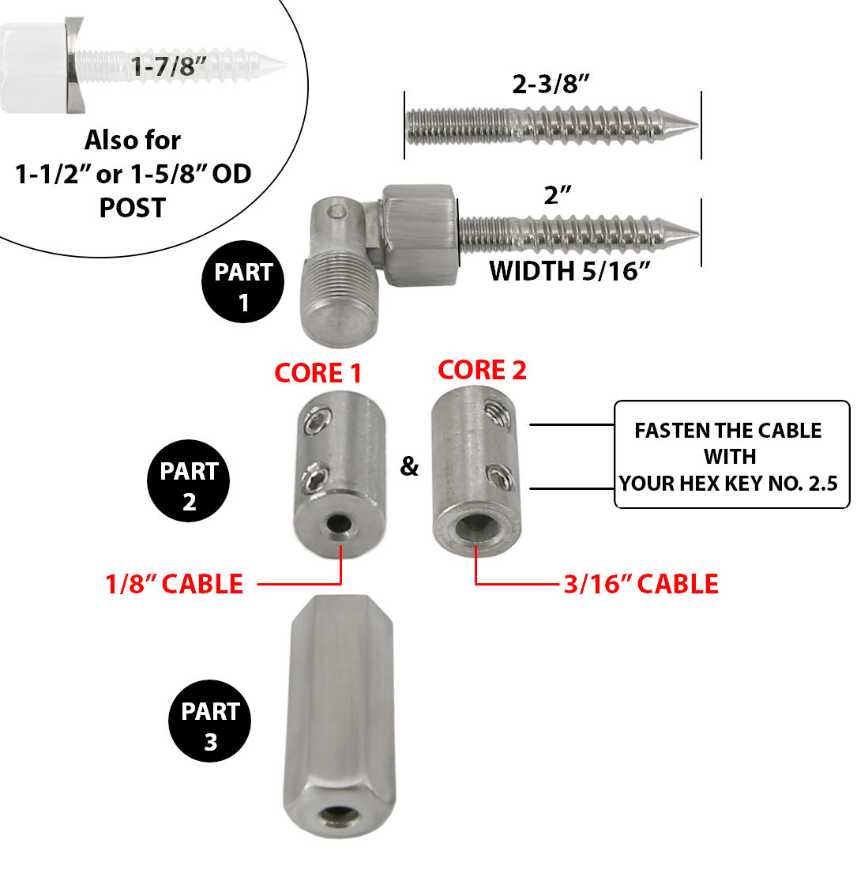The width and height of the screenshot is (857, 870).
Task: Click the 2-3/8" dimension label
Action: click(552, 85)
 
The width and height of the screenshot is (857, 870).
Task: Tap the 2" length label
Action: click(558, 195)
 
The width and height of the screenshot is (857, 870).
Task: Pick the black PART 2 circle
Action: click(189, 486)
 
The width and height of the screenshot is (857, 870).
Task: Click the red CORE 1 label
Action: click(319, 373)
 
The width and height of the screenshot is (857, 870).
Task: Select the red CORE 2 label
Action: click(482, 370)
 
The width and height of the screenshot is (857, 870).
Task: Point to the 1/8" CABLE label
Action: click(175, 584)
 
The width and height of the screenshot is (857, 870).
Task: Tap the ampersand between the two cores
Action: click(409, 466)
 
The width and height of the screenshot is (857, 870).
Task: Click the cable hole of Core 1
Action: click(341, 524)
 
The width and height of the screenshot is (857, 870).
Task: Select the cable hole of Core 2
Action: click(475, 529)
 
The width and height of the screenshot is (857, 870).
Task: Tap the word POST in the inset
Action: click(133, 208)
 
